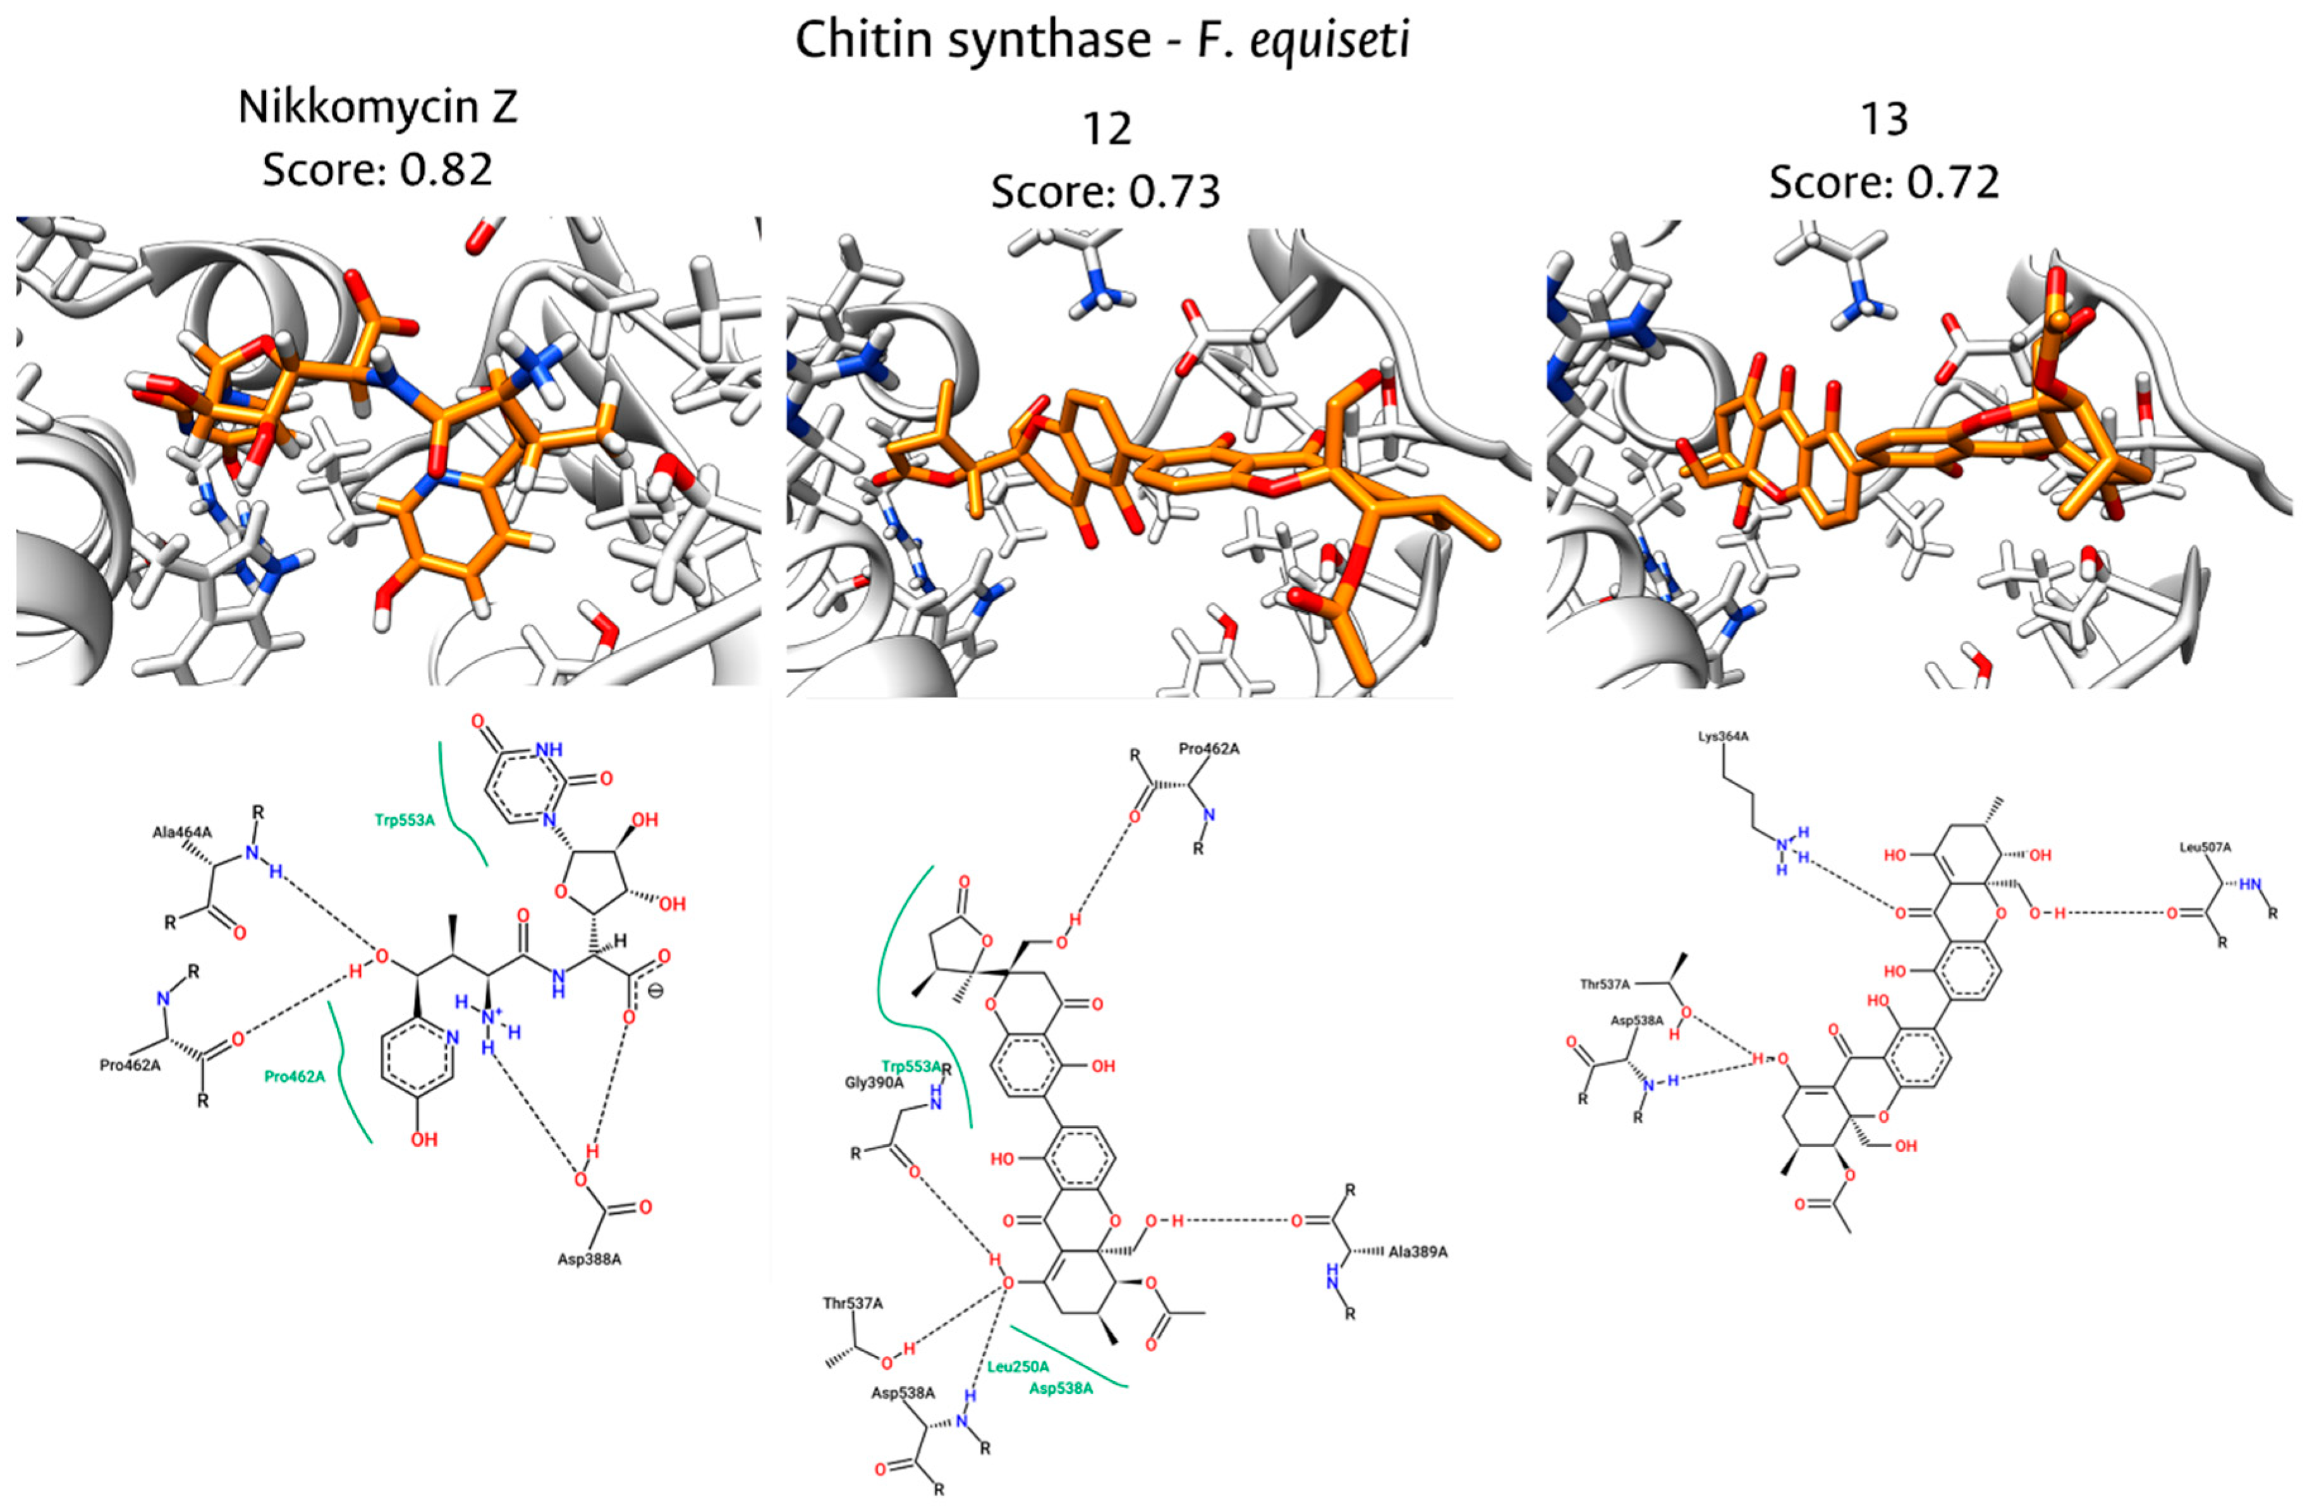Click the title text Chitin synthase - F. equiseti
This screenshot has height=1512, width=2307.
pos(1102,40)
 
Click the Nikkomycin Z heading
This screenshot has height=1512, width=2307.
pos(377,107)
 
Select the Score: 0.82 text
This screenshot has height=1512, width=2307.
pos(377,169)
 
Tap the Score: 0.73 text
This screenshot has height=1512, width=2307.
pos(1105,191)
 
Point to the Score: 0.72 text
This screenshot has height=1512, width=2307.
pos(1884,182)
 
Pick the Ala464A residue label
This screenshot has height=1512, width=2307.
pos(181,832)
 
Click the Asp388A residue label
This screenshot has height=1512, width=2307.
pos(588,1260)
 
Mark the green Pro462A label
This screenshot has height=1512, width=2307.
pos(295,1076)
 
